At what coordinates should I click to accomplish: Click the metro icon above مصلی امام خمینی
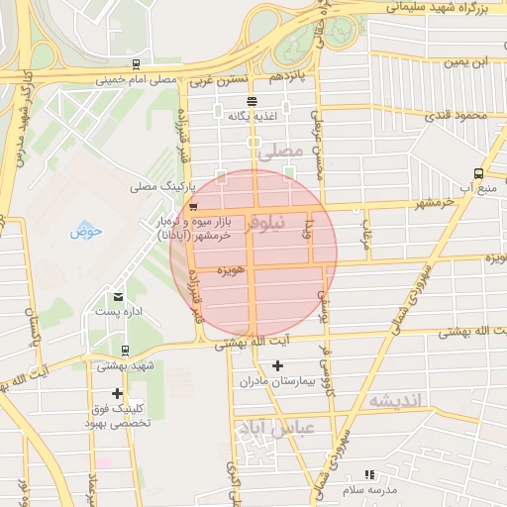tap(135, 65)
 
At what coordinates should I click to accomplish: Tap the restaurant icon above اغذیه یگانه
tap(253, 101)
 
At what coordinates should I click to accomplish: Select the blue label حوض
tap(86, 233)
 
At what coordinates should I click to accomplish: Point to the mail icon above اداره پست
tap(119, 296)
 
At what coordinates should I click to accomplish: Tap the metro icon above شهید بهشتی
tap(125, 350)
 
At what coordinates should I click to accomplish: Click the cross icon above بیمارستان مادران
tap(277, 365)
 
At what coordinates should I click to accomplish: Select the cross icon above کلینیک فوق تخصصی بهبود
tap(118, 394)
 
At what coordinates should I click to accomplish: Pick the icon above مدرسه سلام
tap(369, 475)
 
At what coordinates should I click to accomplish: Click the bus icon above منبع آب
tap(479, 172)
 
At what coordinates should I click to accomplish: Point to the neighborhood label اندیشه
tap(396, 400)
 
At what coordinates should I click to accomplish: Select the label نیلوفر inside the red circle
tap(290, 222)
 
